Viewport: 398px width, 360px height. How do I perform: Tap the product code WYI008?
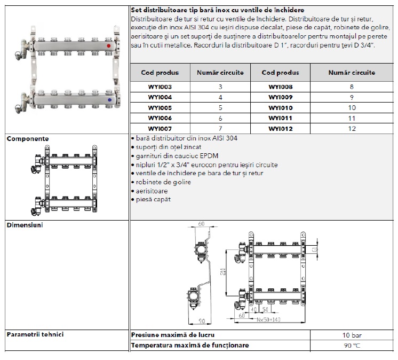coord(281,87)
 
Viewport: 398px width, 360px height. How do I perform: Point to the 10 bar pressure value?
coord(352,335)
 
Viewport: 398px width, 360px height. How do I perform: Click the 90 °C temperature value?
coord(352,345)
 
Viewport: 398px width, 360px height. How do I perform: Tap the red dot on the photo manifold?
coord(108,46)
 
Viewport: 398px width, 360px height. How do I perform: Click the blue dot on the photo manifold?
coord(109,99)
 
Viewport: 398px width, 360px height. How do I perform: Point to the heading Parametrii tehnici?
coord(35,334)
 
